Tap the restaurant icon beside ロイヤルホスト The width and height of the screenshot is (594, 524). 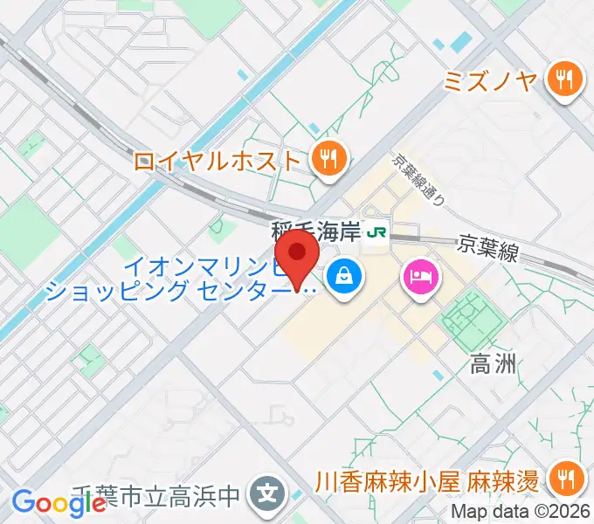(329, 159)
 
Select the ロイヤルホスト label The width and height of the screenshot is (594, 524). (218, 160)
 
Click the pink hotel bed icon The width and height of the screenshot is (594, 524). (420, 279)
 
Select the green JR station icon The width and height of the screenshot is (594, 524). (376, 232)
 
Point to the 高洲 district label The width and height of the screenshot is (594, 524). (494, 363)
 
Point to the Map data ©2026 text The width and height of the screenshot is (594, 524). (522, 513)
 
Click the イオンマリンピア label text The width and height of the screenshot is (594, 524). (210, 265)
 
